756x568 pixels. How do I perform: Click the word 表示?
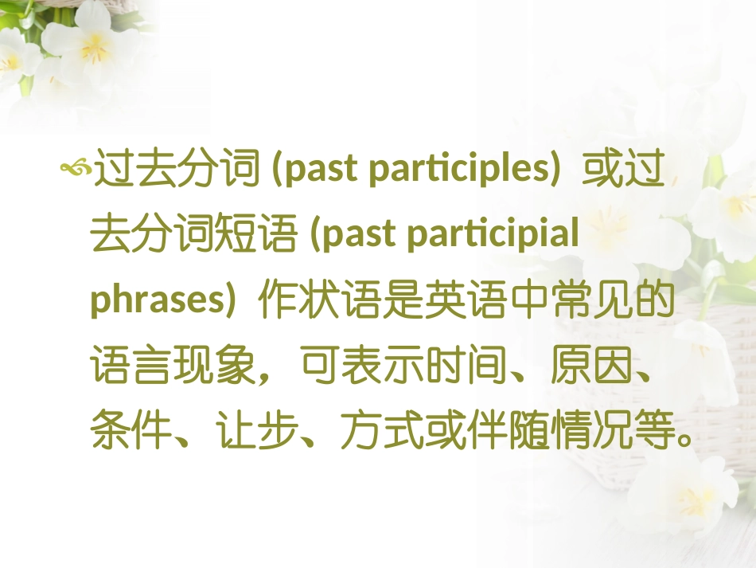click(x=376, y=367)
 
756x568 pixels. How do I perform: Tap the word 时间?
click(x=459, y=367)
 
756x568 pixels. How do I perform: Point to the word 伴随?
click(x=500, y=434)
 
